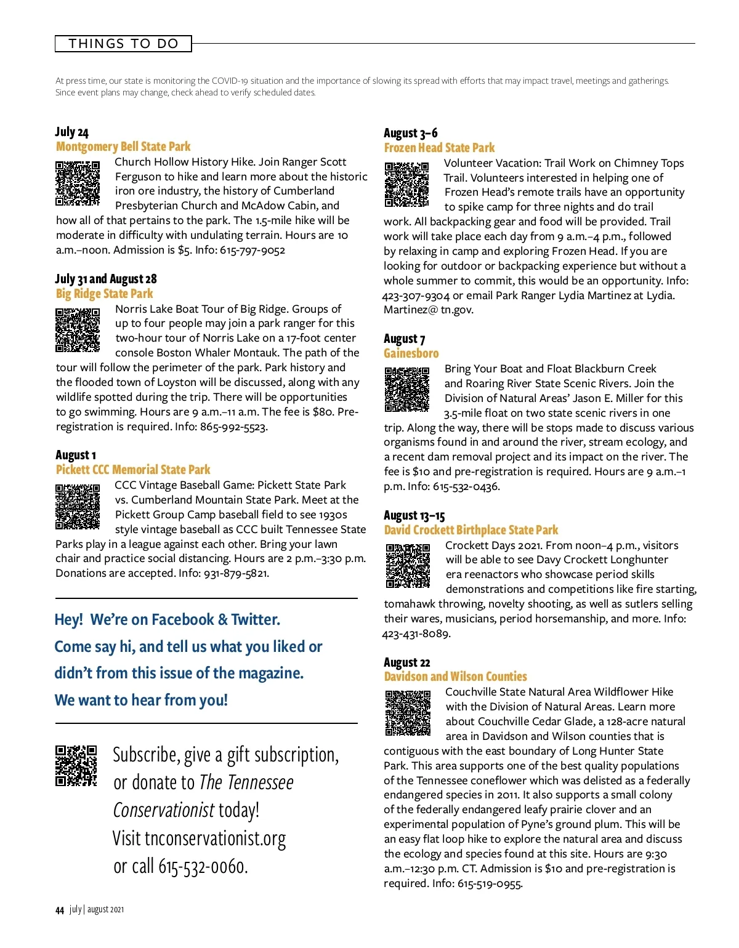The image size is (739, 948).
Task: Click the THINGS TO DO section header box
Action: pos(123,44)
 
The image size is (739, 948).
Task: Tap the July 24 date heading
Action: pos(72,132)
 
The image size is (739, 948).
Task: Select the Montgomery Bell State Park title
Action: pos(123,147)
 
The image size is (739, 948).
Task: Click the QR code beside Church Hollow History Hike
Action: pos(78,183)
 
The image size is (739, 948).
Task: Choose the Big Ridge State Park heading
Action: pos(104,294)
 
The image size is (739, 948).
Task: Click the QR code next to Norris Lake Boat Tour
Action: pos(78,331)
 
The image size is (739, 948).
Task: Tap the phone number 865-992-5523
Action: pos(233,427)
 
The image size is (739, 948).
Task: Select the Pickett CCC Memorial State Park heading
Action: pos(133,470)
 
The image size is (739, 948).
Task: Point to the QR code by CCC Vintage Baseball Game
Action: pos(78,507)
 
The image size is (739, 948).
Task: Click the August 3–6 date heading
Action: pos(411,133)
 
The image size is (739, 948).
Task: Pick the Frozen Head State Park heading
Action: pos(439,148)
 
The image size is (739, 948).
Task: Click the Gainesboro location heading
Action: pos(411,353)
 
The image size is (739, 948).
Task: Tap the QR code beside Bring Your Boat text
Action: pos(407,390)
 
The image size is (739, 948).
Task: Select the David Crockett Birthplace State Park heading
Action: pos(471,530)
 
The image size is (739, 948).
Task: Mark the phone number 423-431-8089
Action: pos(416,633)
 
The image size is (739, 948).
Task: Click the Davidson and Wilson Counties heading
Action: pos(456,677)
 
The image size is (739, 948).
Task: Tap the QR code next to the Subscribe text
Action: pos(76,766)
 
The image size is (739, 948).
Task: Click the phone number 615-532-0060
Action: pos(203,866)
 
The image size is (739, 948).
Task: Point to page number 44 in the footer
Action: pos(60,910)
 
